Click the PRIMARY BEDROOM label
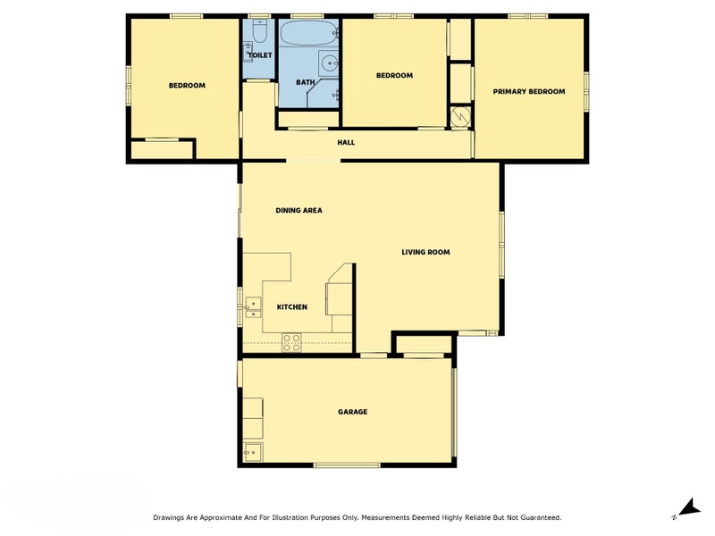coord(529,92)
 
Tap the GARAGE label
coord(352,412)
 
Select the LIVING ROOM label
coord(425,252)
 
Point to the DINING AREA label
coord(299,210)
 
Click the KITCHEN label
coord(292,307)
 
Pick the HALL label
coord(346,143)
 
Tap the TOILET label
coord(260,55)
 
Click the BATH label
coord(305,82)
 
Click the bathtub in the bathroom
coord(308,33)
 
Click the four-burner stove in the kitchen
coord(291,343)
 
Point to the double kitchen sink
coord(253,307)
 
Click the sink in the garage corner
coord(252,452)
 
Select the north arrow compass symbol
coord(689,507)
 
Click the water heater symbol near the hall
coord(460,117)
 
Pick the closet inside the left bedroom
coord(162,150)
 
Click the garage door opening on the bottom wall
coord(347,465)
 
